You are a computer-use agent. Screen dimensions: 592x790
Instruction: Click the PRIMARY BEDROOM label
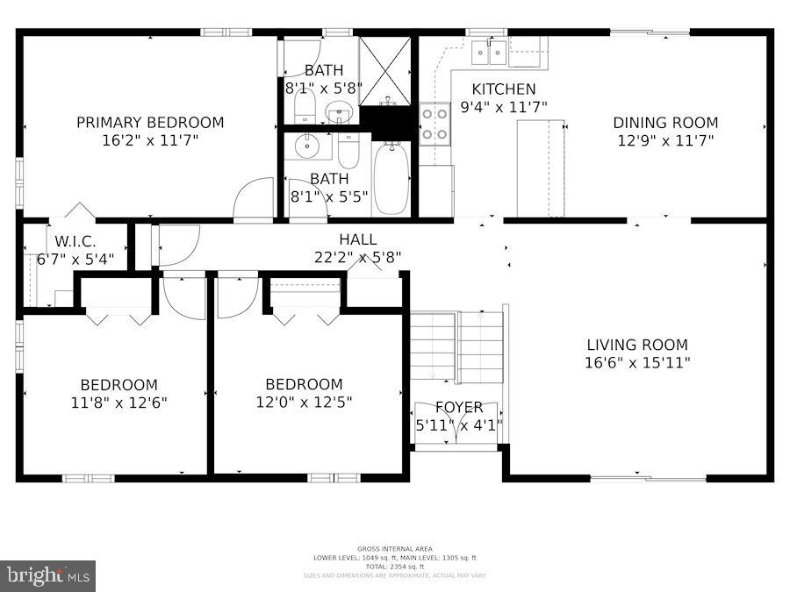point(149,123)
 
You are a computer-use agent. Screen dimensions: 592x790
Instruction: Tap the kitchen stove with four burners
point(434,123)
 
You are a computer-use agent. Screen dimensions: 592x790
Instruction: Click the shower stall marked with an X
point(385,70)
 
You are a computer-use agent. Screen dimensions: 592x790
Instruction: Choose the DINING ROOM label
point(664,123)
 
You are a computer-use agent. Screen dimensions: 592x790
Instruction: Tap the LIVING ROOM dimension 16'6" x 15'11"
point(637,362)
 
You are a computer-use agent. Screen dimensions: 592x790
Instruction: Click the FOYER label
point(458,407)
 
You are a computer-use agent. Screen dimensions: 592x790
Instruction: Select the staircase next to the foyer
point(457,346)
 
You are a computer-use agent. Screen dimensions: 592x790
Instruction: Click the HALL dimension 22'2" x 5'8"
point(357,257)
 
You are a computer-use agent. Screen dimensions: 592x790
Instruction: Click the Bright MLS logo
point(48,576)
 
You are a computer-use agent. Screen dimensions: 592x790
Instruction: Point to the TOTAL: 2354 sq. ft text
point(394,567)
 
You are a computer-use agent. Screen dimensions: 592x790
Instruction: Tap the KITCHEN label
point(503,89)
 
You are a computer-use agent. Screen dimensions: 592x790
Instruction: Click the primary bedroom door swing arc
point(254,199)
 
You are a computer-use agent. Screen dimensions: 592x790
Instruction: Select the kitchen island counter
point(540,168)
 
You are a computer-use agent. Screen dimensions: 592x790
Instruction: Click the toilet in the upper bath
point(304,108)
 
